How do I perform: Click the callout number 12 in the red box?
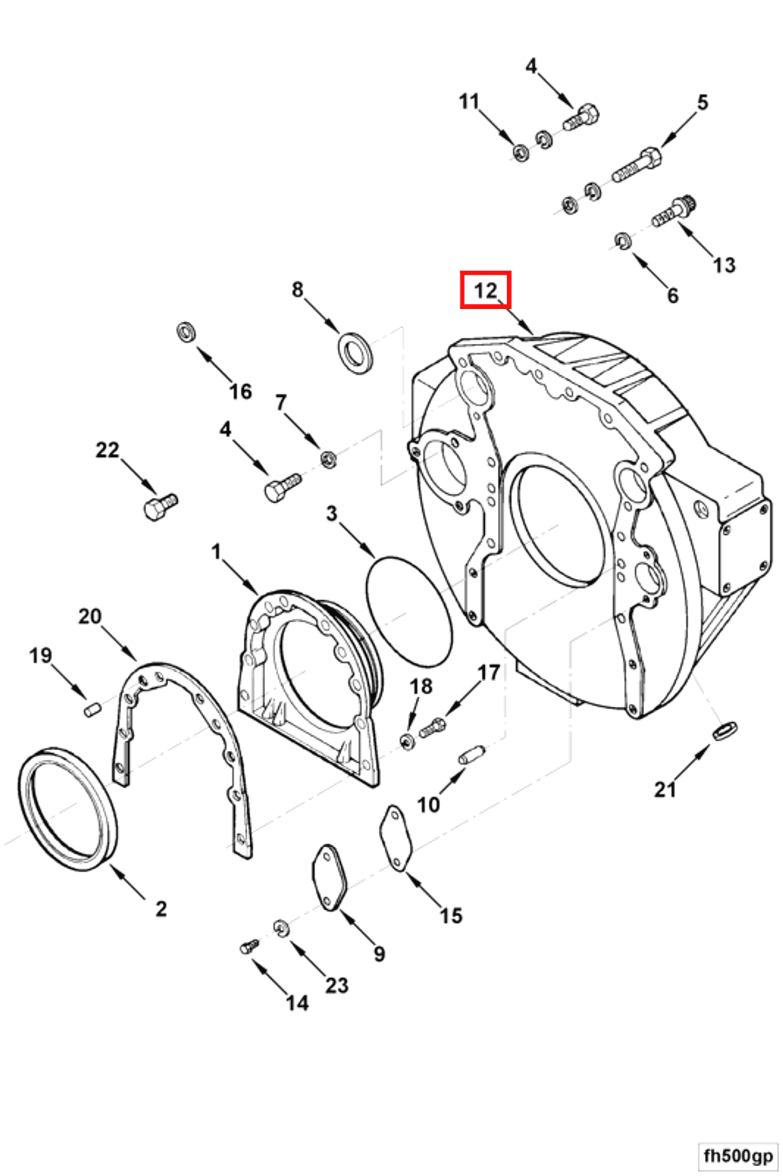click(x=485, y=290)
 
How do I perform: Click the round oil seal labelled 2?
click(x=68, y=810)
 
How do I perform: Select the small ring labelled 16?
click(x=186, y=332)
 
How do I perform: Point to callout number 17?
click(x=489, y=673)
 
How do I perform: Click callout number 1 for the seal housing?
click(x=216, y=552)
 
